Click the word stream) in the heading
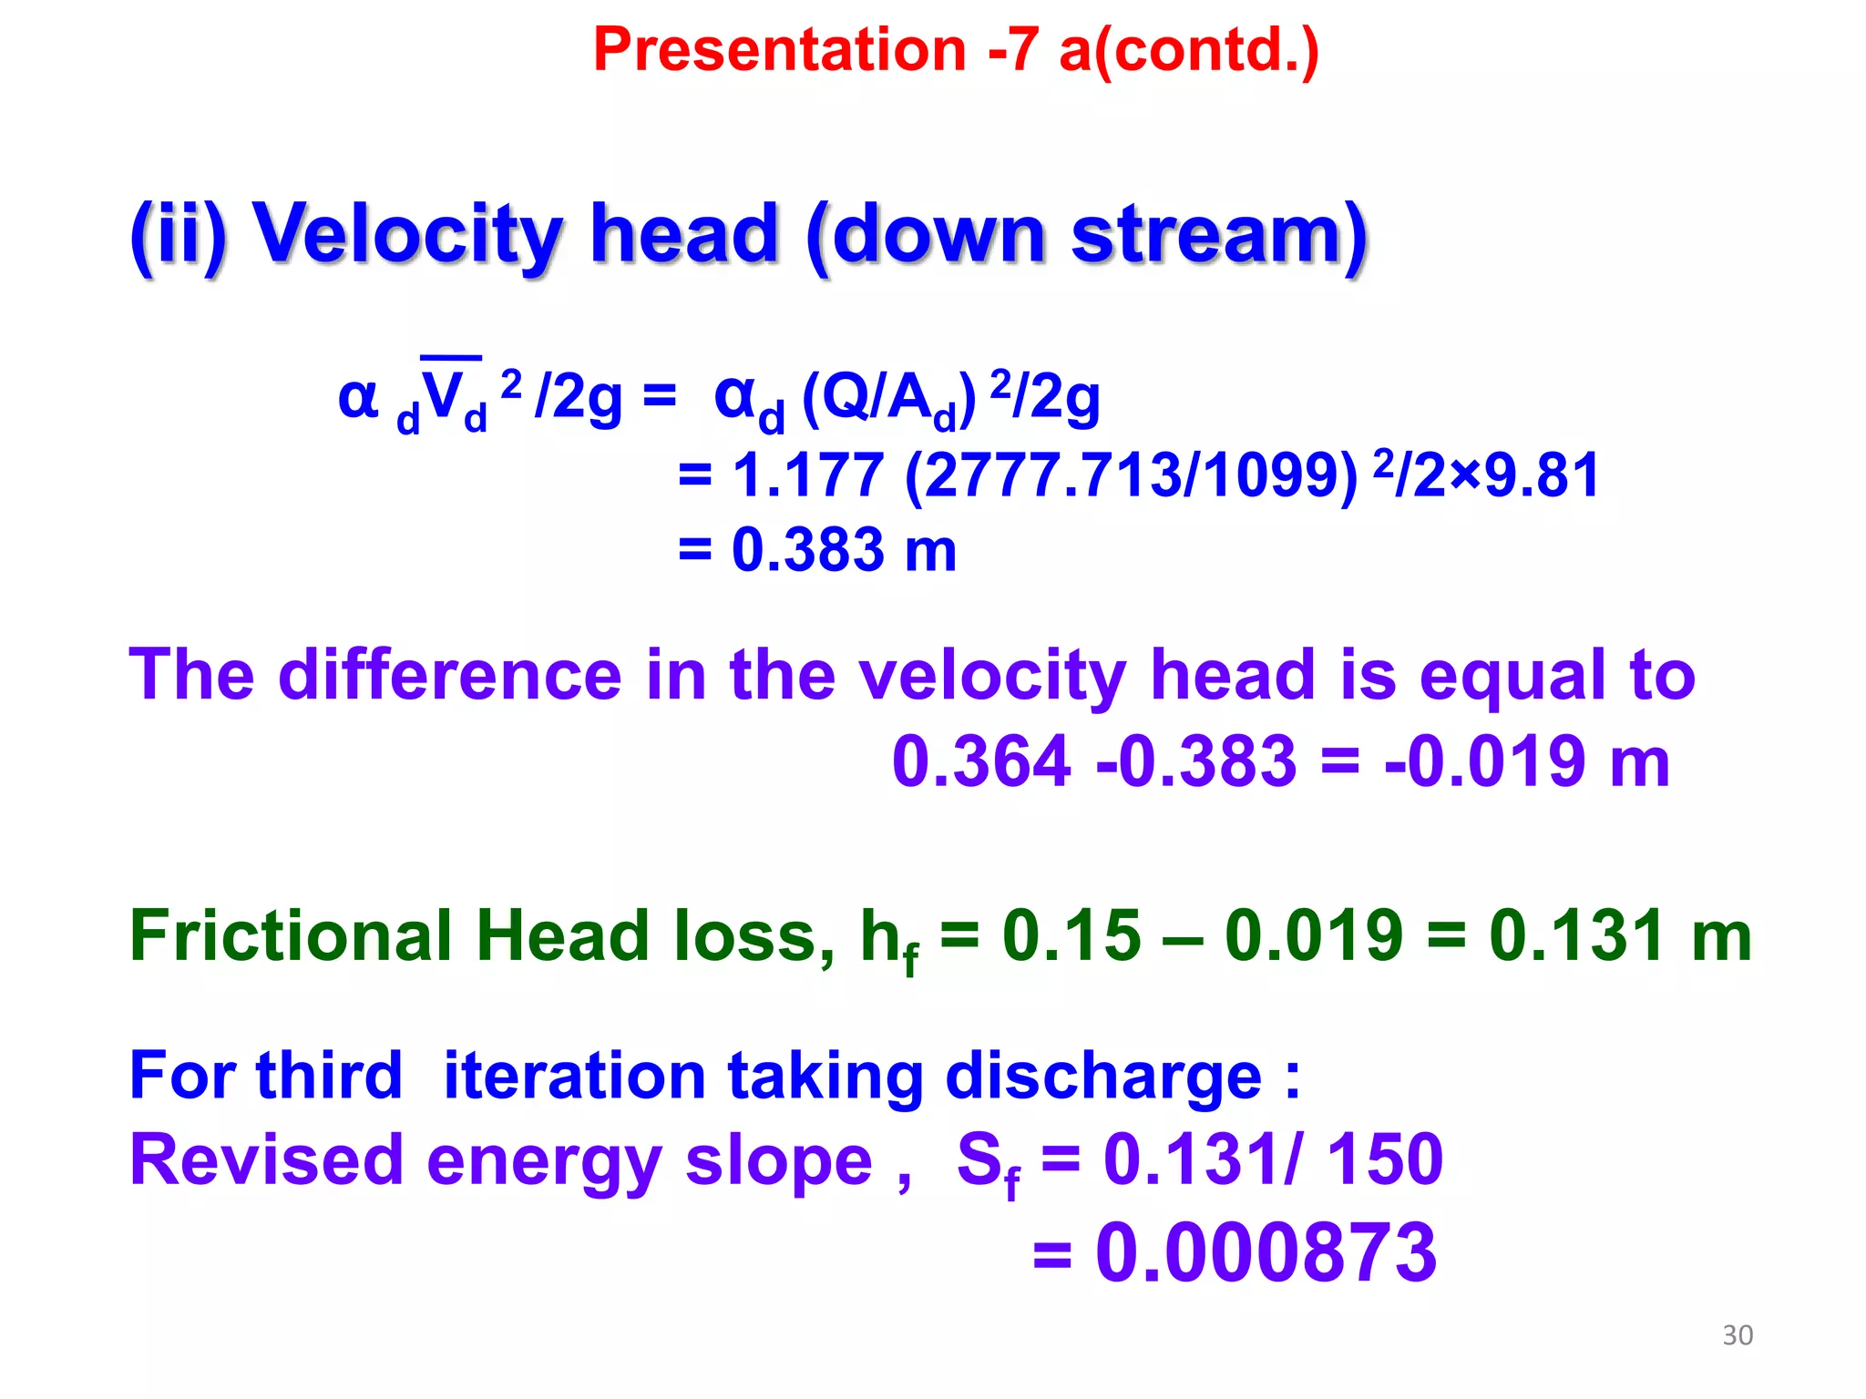(x=1219, y=234)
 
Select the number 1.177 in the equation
(x=807, y=475)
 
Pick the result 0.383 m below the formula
(x=843, y=550)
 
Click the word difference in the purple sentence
(x=450, y=675)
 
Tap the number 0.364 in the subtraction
(x=981, y=761)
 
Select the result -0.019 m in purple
(x=1527, y=761)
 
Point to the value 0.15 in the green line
(x=1071, y=935)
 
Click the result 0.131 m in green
(x=1620, y=935)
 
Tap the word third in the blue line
(x=329, y=1076)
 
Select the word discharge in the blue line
(x=1103, y=1076)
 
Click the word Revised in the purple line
(x=266, y=1160)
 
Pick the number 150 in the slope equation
(x=1385, y=1160)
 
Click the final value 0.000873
(x=1266, y=1253)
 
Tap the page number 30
(x=1738, y=1335)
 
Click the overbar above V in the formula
(x=451, y=358)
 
